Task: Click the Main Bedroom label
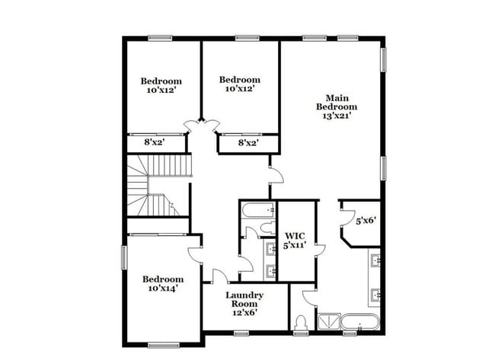[337, 102]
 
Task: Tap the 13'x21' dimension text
[337, 116]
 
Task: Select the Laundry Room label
[244, 299]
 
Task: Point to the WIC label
[295, 236]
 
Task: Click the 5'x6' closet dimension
[366, 221]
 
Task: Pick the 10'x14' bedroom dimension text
[162, 288]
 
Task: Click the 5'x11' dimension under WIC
[295, 245]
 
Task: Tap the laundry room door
[219, 276]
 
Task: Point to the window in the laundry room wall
[242, 333]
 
